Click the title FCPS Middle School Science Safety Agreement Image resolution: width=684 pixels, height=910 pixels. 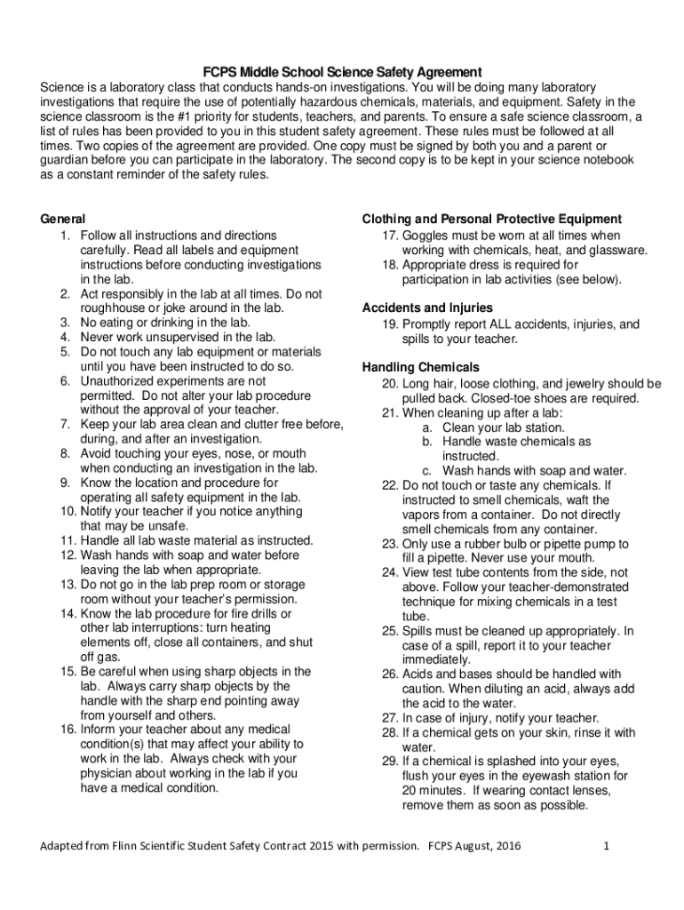point(341,71)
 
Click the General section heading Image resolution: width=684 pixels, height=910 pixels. point(64,219)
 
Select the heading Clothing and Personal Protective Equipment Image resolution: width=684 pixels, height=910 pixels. point(491,220)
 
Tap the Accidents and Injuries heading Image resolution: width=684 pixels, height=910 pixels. point(426,308)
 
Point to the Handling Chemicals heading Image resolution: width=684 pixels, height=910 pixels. point(420,367)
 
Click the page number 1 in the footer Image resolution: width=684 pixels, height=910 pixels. point(605,845)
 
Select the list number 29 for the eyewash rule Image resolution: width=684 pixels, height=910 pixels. point(389,762)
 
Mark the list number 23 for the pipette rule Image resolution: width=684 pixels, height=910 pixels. point(389,544)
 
